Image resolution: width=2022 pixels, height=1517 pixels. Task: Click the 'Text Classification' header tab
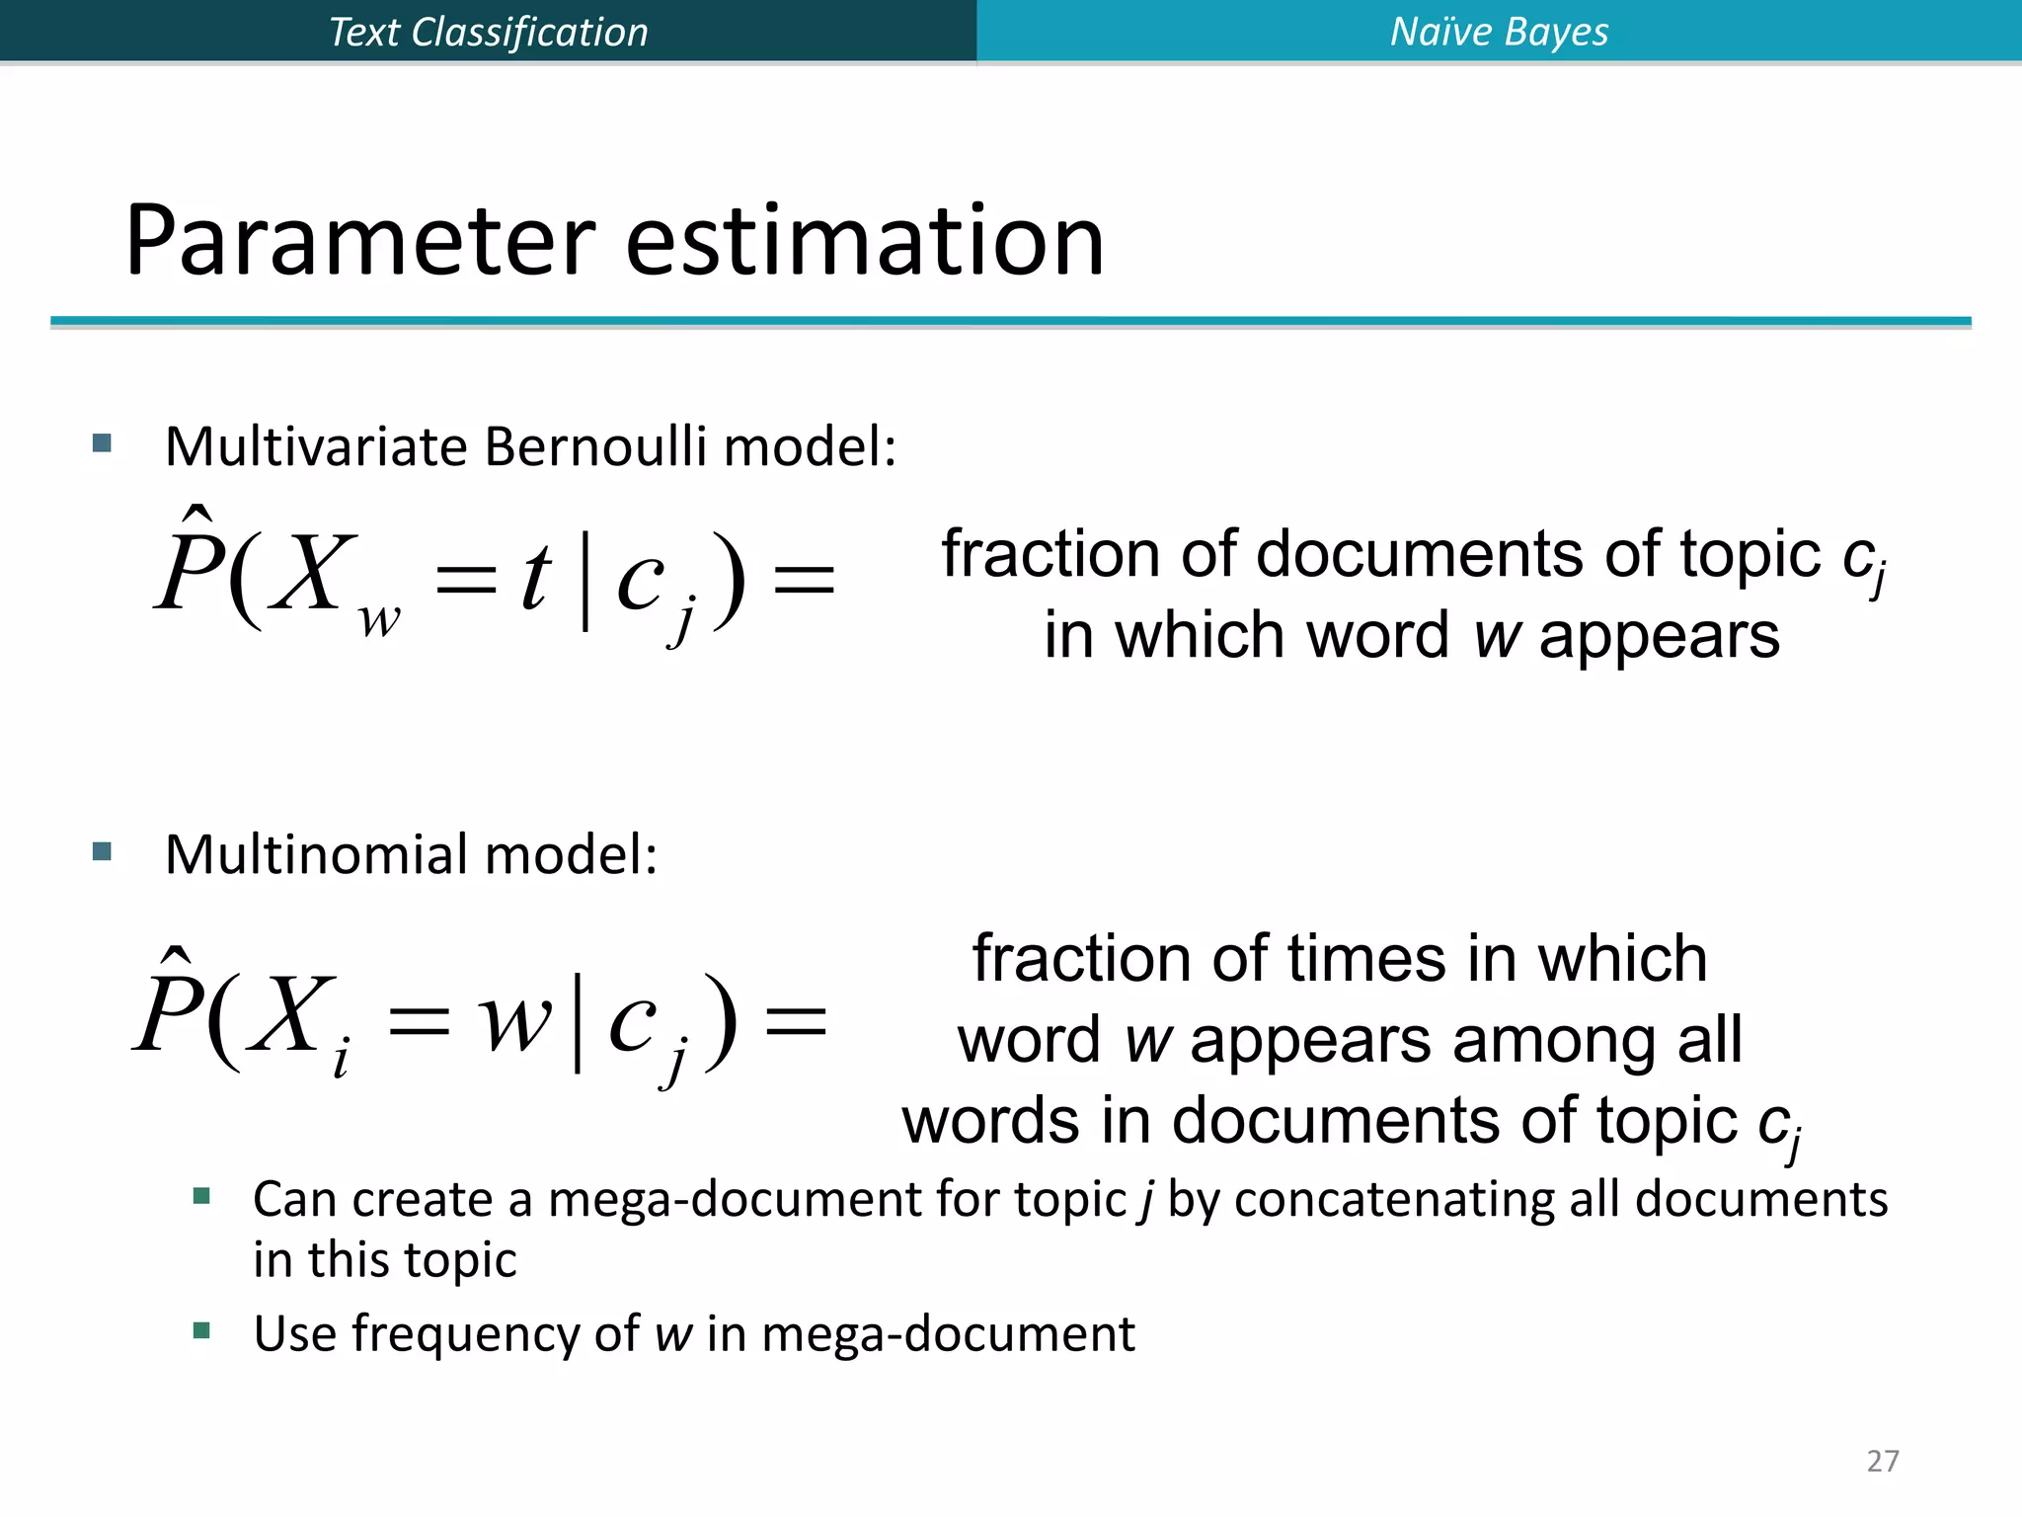point(488,32)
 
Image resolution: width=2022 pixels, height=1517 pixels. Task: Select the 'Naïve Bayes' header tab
point(1499,32)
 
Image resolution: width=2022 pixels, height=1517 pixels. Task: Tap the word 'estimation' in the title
point(865,241)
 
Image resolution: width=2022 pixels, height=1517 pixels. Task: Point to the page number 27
point(1883,1461)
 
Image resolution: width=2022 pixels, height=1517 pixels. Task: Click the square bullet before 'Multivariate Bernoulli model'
point(102,442)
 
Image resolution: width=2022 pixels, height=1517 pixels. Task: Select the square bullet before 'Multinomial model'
point(102,851)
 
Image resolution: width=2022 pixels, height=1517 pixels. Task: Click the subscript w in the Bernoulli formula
point(380,620)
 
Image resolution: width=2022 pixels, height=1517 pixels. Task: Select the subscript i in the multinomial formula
point(341,1061)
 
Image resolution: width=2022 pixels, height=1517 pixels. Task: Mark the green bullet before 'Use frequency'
point(202,1330)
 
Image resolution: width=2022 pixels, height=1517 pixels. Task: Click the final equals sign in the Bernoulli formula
point(804,580)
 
